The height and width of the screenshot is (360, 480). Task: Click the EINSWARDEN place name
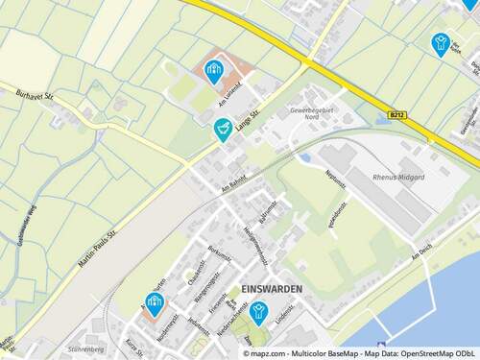273,289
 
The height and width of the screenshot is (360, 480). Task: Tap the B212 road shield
397,115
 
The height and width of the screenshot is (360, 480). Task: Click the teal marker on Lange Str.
224,128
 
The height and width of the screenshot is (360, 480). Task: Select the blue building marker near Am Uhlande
213,68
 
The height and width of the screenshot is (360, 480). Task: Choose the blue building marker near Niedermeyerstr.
153,303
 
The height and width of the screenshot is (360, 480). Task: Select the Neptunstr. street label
336,180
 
